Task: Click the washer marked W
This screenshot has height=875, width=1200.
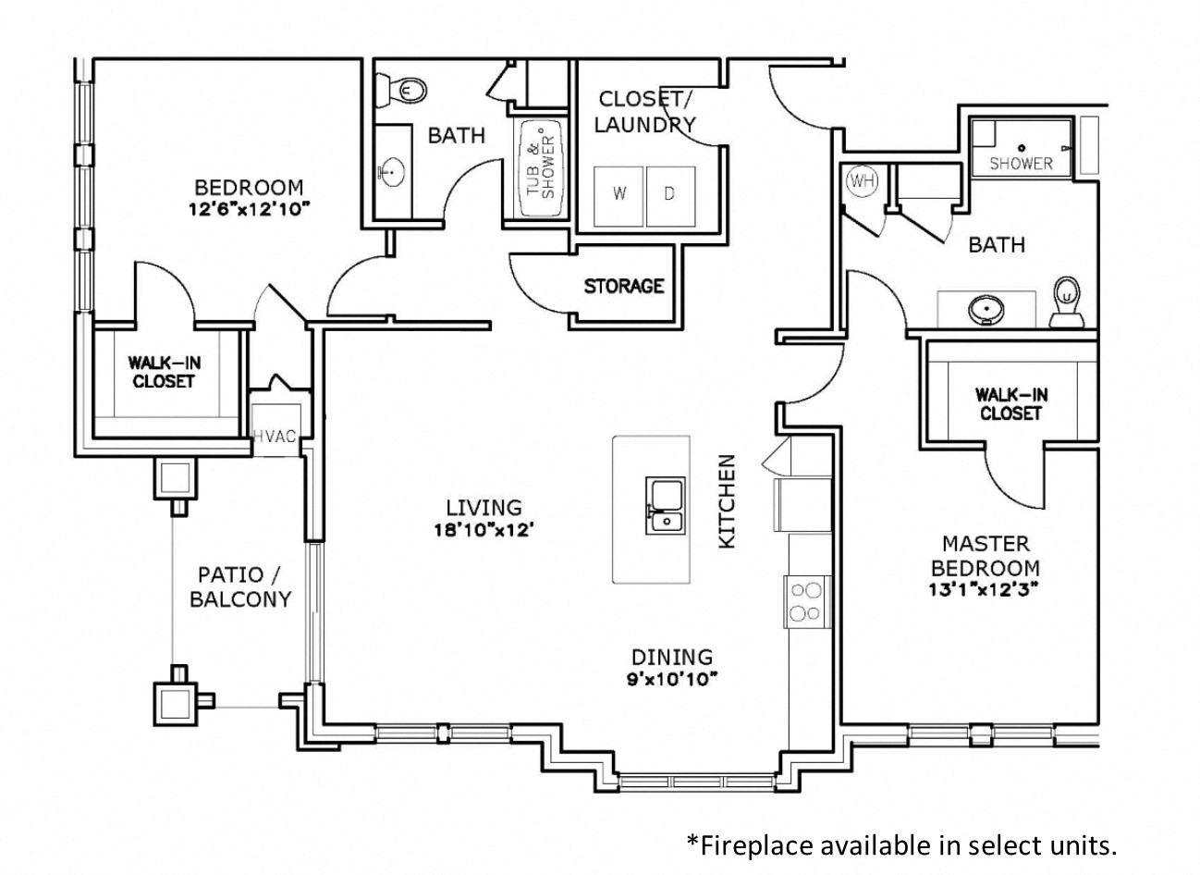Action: coord(618,195)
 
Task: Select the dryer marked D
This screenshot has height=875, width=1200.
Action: coord(670,195)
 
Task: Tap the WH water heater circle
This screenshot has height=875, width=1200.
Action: coord(862,181)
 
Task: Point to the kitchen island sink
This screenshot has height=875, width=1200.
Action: coord(664,507)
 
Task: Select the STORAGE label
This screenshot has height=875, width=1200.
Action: coord(623,286)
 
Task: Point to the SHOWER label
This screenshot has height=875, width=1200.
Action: coord(1021,164)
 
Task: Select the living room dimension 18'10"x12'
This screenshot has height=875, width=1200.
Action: coord(484,530)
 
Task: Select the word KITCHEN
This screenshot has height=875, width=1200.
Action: coord(728,500)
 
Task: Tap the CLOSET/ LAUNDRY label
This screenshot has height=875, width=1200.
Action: coord(644,111)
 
